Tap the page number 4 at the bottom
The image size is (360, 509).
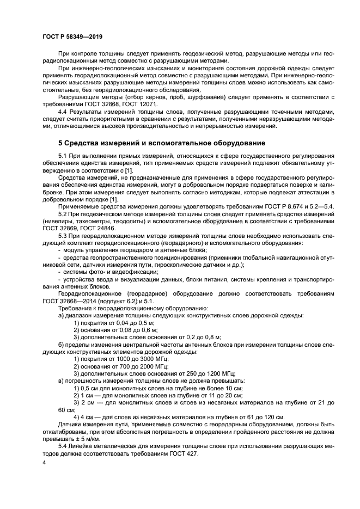(44, 462)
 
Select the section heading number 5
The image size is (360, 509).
(61, 143)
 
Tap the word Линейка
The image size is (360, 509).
(85, 446)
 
